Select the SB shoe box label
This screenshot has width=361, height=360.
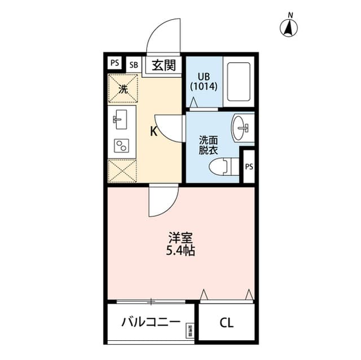coord(134,64)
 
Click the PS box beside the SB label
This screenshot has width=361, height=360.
coord(115,63)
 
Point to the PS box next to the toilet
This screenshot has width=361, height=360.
coord(248,166)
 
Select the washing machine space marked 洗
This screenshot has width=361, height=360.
coord(123,88)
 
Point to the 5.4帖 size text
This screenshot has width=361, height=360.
coord(180,251)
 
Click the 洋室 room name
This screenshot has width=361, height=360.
coord(180,238)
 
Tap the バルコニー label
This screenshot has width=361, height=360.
coord(151,323)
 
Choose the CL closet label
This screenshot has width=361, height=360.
coord(226,323)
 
